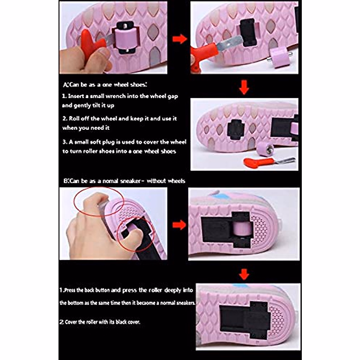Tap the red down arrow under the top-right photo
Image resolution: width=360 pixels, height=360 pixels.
pyautogui.click(x=244, y=87)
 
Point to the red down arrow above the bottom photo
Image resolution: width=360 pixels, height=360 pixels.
pyautogui.click(x=244, y=274)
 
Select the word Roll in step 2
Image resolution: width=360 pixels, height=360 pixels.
pyautogui.click(x=74, y=118)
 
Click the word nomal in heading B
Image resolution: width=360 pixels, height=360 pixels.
pyautogui.click(x=111, y=181)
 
